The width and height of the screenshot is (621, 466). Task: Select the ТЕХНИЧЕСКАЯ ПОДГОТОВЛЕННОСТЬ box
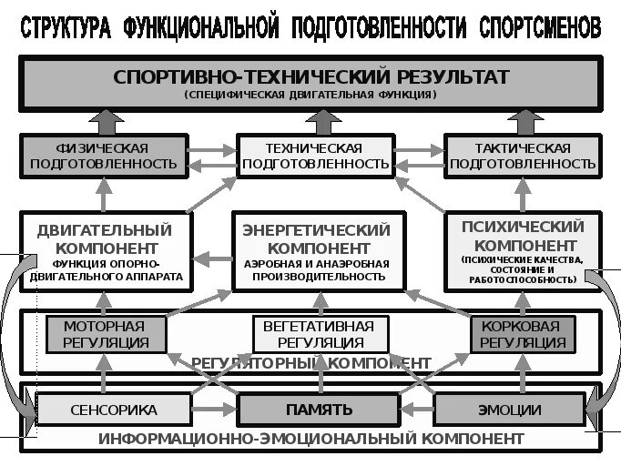point(313,156)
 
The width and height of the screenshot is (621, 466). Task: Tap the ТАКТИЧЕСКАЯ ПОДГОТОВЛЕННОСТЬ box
point(523,156)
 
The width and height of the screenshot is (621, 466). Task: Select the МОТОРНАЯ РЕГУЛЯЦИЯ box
point(103,334)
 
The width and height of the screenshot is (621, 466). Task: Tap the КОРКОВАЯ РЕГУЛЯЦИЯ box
point(523,334)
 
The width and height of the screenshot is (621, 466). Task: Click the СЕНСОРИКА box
point(114,410)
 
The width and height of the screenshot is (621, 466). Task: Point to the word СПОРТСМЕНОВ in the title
point(540,28)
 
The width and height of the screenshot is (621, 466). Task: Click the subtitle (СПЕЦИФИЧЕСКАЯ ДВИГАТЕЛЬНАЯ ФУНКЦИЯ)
point(311,95)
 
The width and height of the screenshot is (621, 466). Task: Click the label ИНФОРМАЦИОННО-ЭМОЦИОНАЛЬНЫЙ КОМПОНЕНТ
point(305,438)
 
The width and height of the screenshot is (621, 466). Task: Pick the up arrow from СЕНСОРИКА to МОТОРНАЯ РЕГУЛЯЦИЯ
point(103,373)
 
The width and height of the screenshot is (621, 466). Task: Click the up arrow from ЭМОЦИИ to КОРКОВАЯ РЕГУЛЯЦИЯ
point(524,373)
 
